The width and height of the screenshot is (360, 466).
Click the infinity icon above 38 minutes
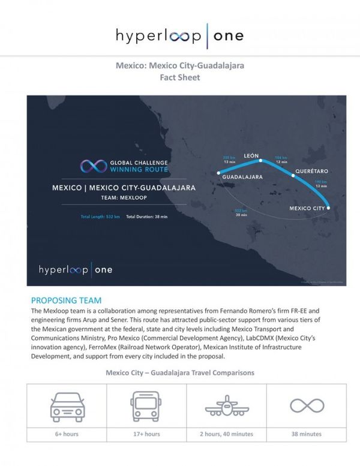[x=307, y=406]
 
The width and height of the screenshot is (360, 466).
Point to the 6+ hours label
[x=67, y=434]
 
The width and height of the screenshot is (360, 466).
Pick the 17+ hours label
[x=146, y=434]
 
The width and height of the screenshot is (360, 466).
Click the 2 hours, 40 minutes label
[x=226, y=434]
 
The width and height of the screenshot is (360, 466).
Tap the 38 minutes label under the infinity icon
[x=307, y=434]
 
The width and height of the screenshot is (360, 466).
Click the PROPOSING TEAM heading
[x=66, y=300]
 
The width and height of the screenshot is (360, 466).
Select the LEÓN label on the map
[x=251, y=155]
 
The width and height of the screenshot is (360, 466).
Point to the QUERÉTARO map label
[x=311, y=170]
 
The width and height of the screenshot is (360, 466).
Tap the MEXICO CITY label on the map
[x=307, y=208]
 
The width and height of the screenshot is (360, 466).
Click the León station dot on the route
[x=260, y=161]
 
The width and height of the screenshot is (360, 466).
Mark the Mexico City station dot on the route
[x=329, y=208]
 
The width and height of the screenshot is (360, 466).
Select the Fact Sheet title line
[x=180, y=77]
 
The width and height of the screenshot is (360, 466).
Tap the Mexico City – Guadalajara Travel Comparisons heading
[x=180, y=372]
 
